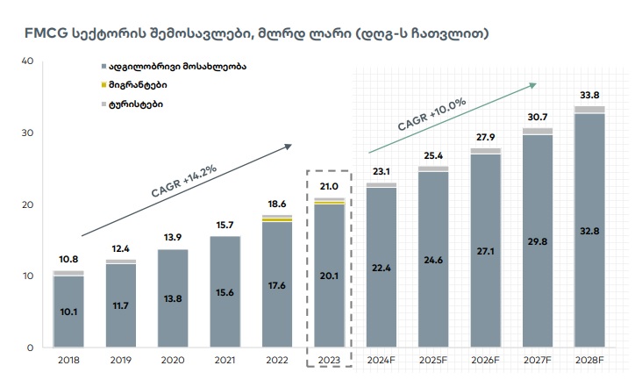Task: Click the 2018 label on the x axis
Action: [x=68, y=360]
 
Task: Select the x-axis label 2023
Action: [x=329, y=360]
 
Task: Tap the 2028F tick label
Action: [x=588, y=360]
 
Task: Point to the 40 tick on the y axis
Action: [x=26, y=61]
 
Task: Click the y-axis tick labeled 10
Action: [x=26, y=276]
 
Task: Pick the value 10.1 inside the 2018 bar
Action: [x=68, y=311]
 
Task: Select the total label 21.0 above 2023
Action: [x=329, y=187]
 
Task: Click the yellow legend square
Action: [x=104, y=85]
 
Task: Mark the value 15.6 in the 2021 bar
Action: [x=225, y=291]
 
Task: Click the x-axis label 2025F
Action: [x=432, y=360]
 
